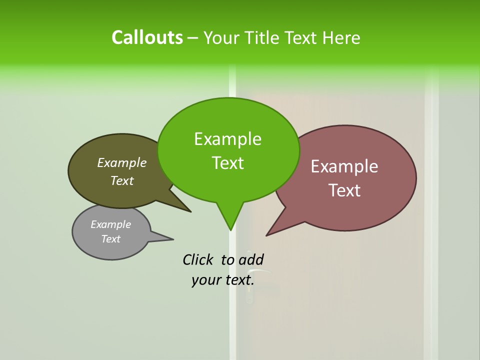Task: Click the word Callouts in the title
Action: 147,37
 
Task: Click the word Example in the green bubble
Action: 227,139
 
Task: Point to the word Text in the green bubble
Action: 227,163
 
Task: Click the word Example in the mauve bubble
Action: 344,166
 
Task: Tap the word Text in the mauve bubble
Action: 344,190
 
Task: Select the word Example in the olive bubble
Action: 122,162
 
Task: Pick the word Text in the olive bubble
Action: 122,180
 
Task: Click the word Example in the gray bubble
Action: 111,224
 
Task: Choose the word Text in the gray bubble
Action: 111,239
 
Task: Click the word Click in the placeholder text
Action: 198,259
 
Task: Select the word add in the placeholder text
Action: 250,259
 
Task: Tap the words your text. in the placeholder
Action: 222,280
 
